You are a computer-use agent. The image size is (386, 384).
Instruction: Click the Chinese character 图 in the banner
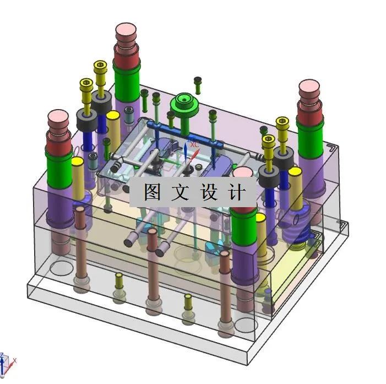pos(152,192)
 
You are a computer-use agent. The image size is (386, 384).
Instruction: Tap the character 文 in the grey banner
pos(180,192)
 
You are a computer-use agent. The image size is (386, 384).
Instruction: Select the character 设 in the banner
pos(209,192)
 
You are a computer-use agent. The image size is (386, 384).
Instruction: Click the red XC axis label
pos(194,144)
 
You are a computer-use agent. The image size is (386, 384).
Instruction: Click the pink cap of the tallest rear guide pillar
pos(127,31)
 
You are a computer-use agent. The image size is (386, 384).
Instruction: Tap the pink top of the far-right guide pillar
pos(309,88)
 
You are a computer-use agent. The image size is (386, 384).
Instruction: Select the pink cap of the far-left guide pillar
pos(58,118)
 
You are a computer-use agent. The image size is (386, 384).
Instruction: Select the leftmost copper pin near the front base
pos(80,242)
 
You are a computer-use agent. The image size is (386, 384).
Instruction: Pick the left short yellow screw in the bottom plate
pos(119,284)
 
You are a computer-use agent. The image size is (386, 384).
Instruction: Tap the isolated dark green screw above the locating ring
pos(197,84)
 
